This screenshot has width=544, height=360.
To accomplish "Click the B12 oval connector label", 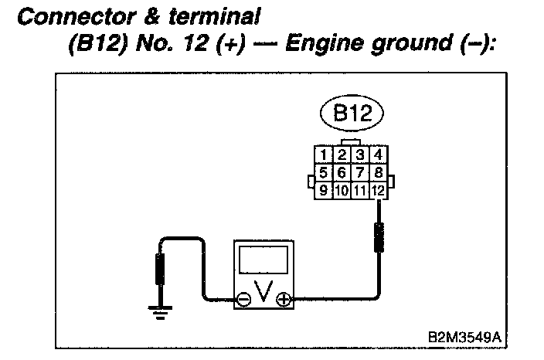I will [x=353, y=115].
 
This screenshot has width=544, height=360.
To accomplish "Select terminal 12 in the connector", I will [x=379, y=188].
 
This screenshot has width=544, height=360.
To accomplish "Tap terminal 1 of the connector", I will [x=325, y=155].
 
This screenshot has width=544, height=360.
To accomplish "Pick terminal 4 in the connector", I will [x=378, y=155].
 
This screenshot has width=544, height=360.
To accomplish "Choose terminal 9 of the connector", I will [x=325, y=188].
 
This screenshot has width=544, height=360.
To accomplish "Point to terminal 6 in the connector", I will [x=343, y=172].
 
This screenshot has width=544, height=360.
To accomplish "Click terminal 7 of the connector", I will [x=361, y=172].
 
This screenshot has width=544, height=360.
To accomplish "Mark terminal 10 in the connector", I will [x=343, y=188].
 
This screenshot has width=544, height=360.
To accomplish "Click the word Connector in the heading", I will [x=78, y=15].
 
